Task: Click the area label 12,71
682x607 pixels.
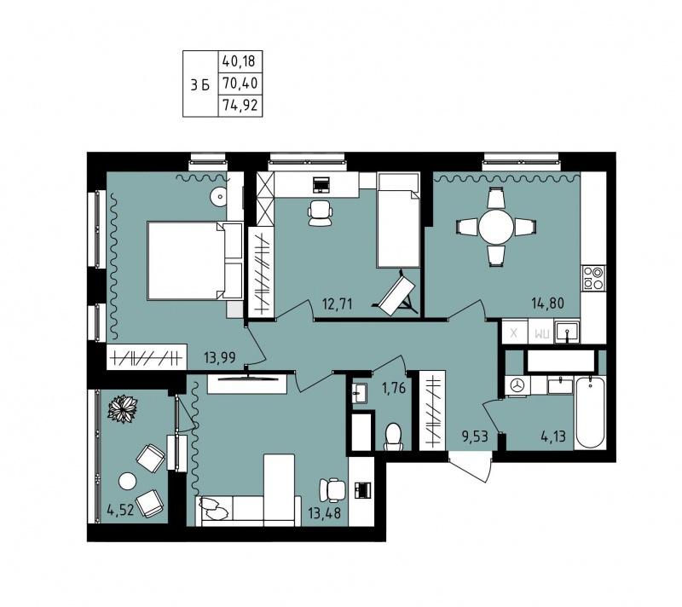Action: (337, 303)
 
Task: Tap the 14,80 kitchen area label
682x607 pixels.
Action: (547, 302)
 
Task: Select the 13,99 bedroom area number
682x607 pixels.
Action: (220, 357)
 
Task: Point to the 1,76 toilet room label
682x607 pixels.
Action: (393, 387)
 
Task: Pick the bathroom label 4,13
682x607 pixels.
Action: (553, 436)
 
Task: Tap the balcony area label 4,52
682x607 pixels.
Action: (120, 509)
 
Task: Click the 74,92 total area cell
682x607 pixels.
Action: (240, 105)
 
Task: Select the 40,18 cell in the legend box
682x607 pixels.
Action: (240, 61)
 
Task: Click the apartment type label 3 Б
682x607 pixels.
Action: (200, 84)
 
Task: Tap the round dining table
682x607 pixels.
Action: (496, 227)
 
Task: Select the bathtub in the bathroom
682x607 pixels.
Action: (589, 413)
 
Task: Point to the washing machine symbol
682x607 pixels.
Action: (517, 385)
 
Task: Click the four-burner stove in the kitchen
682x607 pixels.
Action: (593, 277)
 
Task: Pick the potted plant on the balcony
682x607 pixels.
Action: (123, 408)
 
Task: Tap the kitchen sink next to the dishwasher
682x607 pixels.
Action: (567, 332)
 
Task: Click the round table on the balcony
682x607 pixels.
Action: (127, 482)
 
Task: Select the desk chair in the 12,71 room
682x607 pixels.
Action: (321, 212)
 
